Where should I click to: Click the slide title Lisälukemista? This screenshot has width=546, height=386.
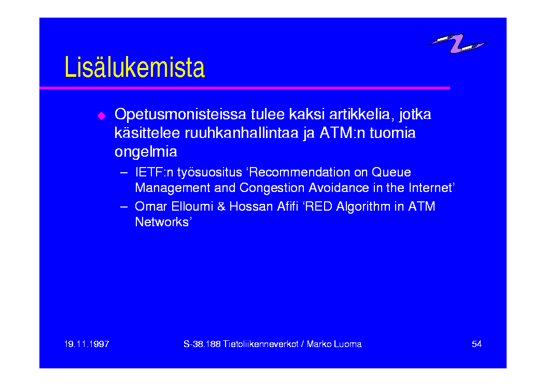click(x=134, y=67)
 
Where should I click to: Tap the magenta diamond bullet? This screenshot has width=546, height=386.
click(x=102, y=116)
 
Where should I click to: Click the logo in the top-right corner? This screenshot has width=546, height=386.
click(x=457, y=43)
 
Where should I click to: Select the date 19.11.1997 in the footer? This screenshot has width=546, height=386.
click(x=87, y=344)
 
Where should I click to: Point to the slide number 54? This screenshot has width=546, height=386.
click(x=477, y=344)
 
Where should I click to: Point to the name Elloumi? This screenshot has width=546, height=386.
click(x=192, y=206)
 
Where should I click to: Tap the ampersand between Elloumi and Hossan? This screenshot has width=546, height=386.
click(x=221, y=206)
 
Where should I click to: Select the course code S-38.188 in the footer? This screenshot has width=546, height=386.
click(x=202, y=344)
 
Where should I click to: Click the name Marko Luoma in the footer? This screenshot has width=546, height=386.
click(x=334, y=344)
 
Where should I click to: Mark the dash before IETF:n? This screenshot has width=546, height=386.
click(x=123, y=172)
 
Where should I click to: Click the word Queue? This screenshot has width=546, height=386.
click(x=391, y=172)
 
